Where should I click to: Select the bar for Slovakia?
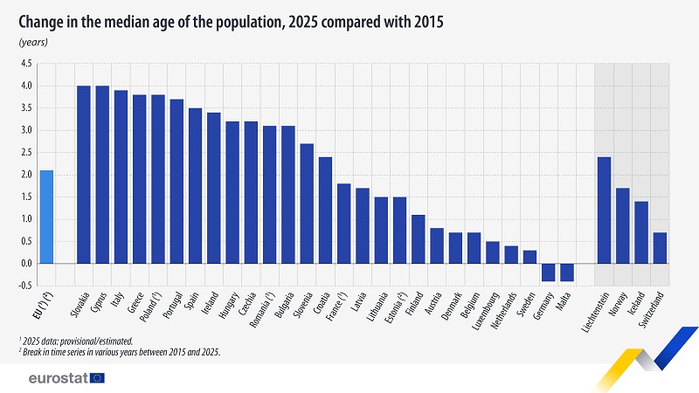84,175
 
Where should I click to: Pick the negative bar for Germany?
548,272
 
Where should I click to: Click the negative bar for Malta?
567,272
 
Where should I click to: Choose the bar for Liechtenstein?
604,210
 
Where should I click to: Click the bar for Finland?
418,238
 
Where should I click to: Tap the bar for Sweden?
529,257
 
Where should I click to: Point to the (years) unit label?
33,42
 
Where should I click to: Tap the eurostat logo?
66,377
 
